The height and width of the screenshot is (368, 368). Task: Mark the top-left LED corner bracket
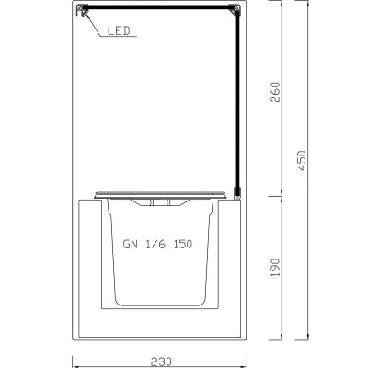(x=84, y=10)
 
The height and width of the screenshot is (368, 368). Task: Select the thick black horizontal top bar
(x=161, y=10)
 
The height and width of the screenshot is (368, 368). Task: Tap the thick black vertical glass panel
(x=237, y=101)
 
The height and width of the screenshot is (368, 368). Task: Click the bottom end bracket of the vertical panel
(x=237, y=194)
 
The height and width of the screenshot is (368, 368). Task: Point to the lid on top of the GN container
(x=161, y=194)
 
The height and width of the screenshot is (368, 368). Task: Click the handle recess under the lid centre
(x=161, y=201)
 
